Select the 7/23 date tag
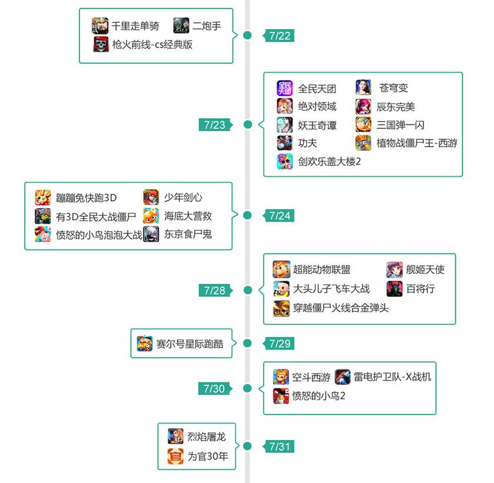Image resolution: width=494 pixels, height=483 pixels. [215, 125]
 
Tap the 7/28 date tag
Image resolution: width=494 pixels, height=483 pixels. [215, 290]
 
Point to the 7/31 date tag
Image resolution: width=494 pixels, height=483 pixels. [280, 447]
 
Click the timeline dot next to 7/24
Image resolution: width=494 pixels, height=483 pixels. [248, 216]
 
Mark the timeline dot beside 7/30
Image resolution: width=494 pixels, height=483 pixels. [248, 388]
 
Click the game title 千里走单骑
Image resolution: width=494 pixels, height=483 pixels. [135, 26]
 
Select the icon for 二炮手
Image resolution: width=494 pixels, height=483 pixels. [182, 26]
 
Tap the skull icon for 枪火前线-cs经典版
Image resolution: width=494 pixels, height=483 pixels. [101, 44]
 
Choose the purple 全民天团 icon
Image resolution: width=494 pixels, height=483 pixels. [285, 89]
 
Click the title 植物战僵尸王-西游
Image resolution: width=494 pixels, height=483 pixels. [416, 143]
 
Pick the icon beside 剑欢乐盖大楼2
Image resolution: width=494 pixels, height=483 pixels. [285, 161]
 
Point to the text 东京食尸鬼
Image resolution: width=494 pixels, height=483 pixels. [188, 234]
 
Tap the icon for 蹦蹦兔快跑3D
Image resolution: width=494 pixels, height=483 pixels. [43, 197]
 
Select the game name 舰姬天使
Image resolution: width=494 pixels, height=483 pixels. [425, 270]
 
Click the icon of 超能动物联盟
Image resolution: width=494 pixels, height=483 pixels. [281, 270]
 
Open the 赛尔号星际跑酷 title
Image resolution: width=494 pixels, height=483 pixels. [189, 344]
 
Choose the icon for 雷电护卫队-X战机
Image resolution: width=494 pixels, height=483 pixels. [342, 377]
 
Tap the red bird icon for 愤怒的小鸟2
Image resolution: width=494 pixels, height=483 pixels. [281, 396]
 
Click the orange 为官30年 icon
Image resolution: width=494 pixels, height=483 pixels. [176, 457]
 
